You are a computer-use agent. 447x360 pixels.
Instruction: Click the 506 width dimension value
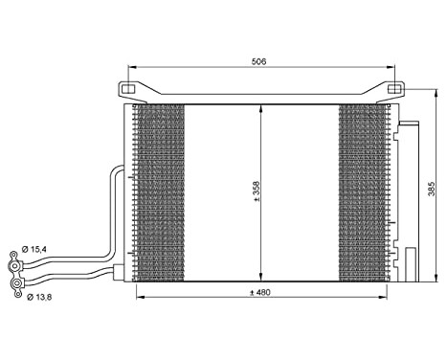pyautogui.click(x=258, y=61)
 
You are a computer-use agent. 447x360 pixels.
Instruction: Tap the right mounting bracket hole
pyautogui.click(x=392, y=88)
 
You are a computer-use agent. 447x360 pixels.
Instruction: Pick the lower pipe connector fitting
pyautogui.click(x=18, y=284)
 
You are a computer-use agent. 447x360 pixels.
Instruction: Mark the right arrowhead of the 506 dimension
pyautogui.click(x=391, y=67)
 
